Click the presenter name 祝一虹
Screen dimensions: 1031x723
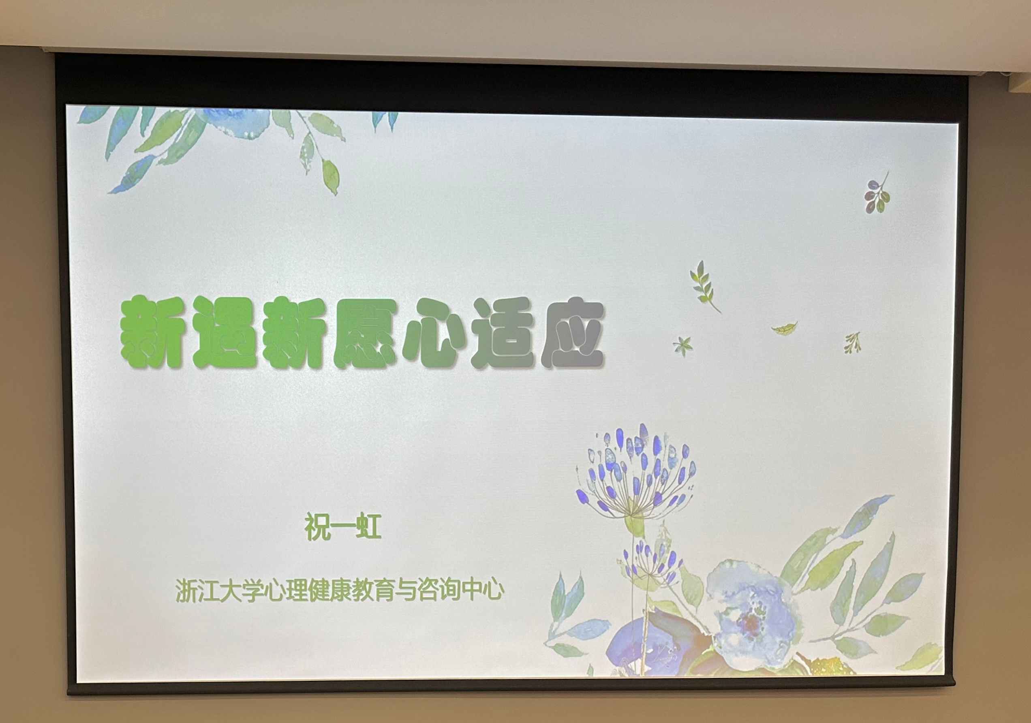pos(342,526)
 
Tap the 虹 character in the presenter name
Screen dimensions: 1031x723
pos(369,526)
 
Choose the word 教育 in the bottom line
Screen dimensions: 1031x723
pos(374,590)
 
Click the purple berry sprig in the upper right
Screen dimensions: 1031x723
pos(877,193)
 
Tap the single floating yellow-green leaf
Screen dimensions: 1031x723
pos(785,329)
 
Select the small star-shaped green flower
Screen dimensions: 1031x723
pos(682,346)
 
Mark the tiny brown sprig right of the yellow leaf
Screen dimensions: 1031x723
pos(853,342)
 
